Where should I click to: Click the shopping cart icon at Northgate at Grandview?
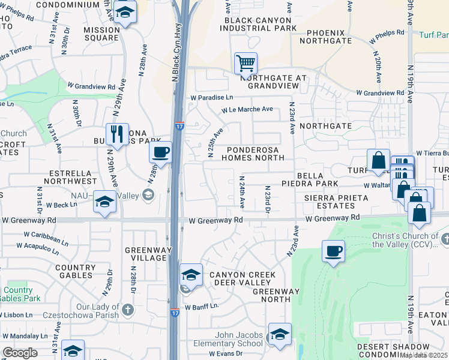pyautogui.click(x=245, y=63)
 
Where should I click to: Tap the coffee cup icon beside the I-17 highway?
pyautogui.click(x=160, y=152)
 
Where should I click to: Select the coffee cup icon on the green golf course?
pyautogui.click(x=333, y=251)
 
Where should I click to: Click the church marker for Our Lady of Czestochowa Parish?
pyautogui.click(x=127, y=310)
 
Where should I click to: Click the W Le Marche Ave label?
pyautogui.click(x=247, y=109)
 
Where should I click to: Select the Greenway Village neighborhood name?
pyautogui.click(x=145, y=253)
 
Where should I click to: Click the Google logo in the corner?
pyautogui.click(x=20, y=353)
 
